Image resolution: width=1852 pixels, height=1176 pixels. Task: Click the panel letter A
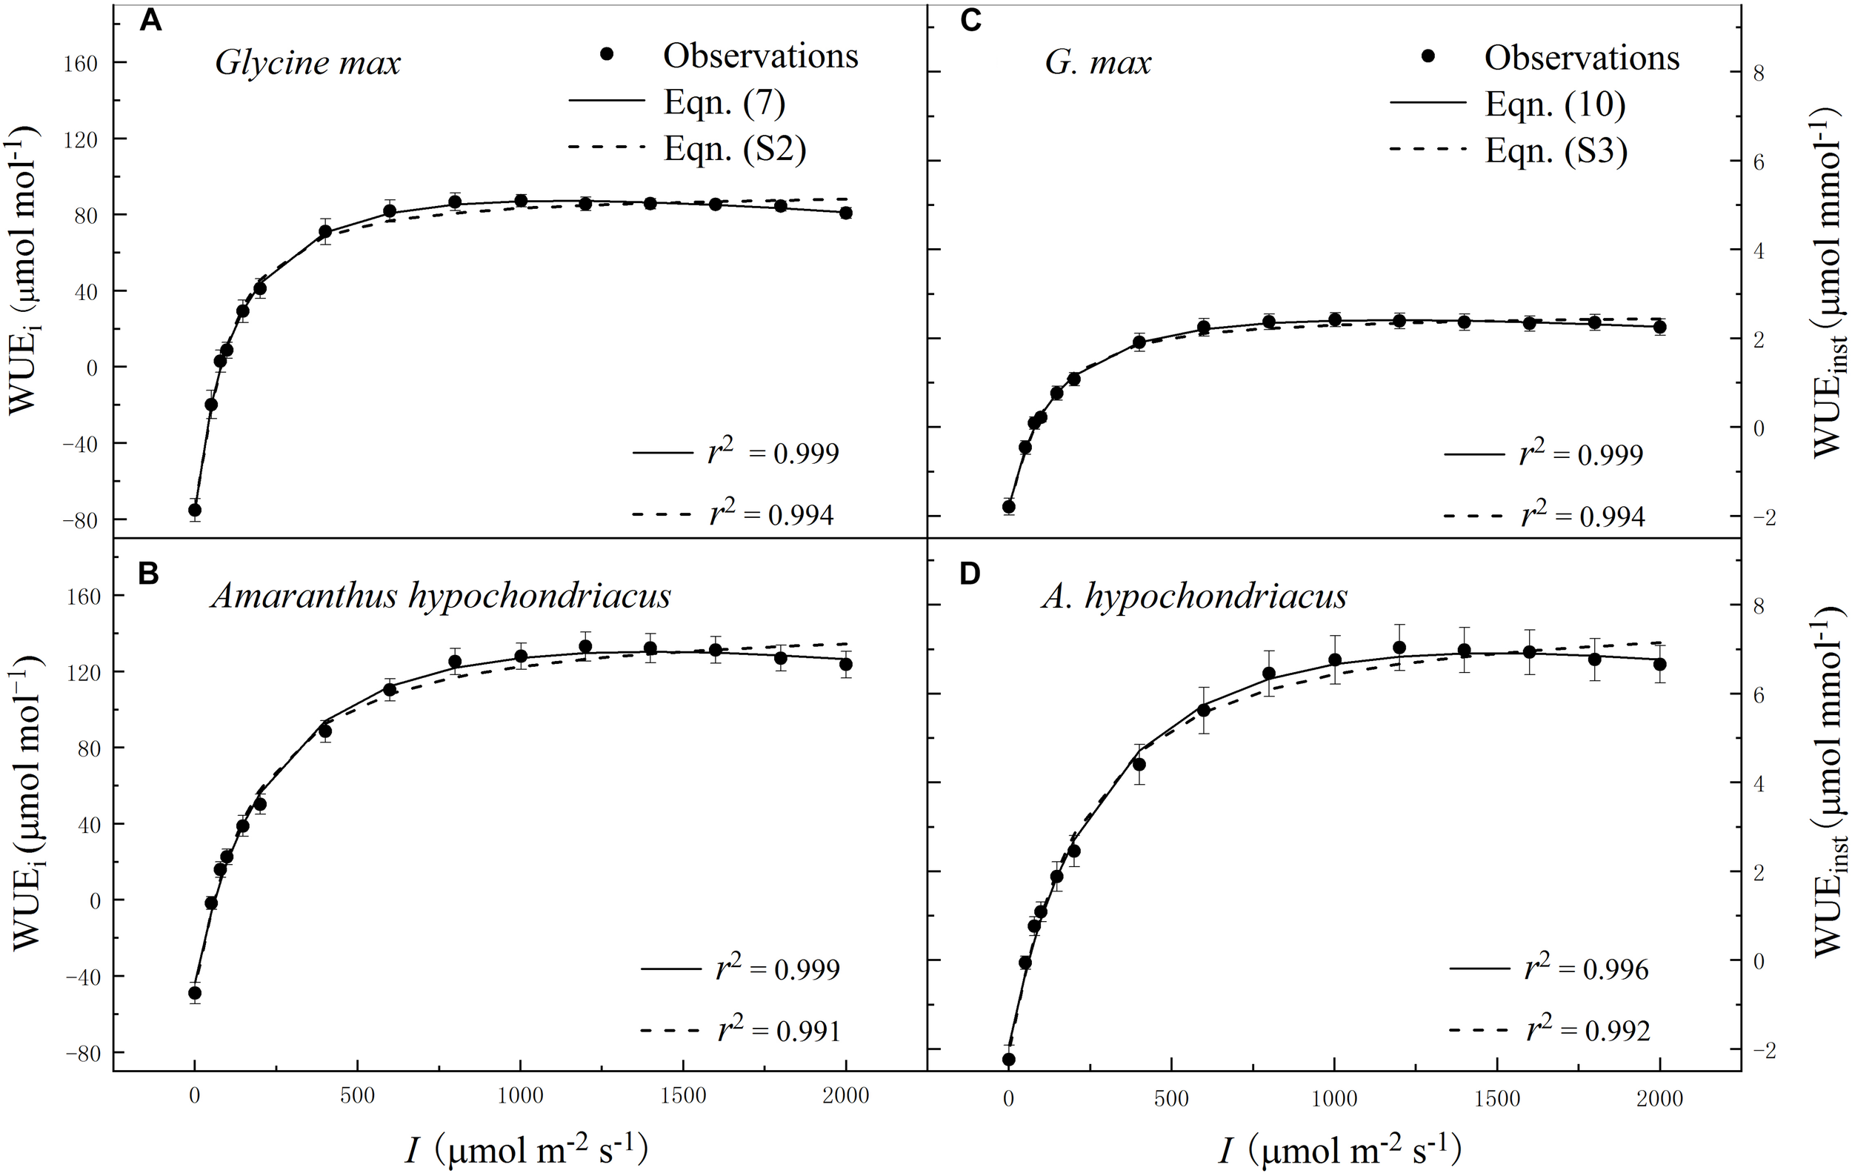pos(150,21)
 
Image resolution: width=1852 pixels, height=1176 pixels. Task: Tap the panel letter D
pos(970,574)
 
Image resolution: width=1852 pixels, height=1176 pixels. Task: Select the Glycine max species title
pos(307,62)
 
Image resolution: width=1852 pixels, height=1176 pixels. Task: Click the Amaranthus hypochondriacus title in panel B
pos(441,595)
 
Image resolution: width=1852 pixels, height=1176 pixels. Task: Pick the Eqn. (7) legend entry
pos(724,103)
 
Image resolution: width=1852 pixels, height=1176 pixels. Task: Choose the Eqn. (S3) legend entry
pos(1556,151)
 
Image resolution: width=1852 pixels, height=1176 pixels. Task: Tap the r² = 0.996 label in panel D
pos(1587,969)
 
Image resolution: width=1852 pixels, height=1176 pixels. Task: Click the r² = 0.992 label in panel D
pos(1588,1029)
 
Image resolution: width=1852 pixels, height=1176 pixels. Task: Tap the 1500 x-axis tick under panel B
pos(683,1095)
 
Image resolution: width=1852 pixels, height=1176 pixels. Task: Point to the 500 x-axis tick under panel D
pos(1170,1098)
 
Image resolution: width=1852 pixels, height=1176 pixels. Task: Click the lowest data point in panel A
pos(195,510)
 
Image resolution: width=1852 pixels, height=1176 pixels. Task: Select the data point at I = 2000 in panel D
pos(1659,664)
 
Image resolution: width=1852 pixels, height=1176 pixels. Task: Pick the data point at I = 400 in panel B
pos(324,731)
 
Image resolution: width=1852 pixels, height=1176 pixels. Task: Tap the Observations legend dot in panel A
pos(607,55)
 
